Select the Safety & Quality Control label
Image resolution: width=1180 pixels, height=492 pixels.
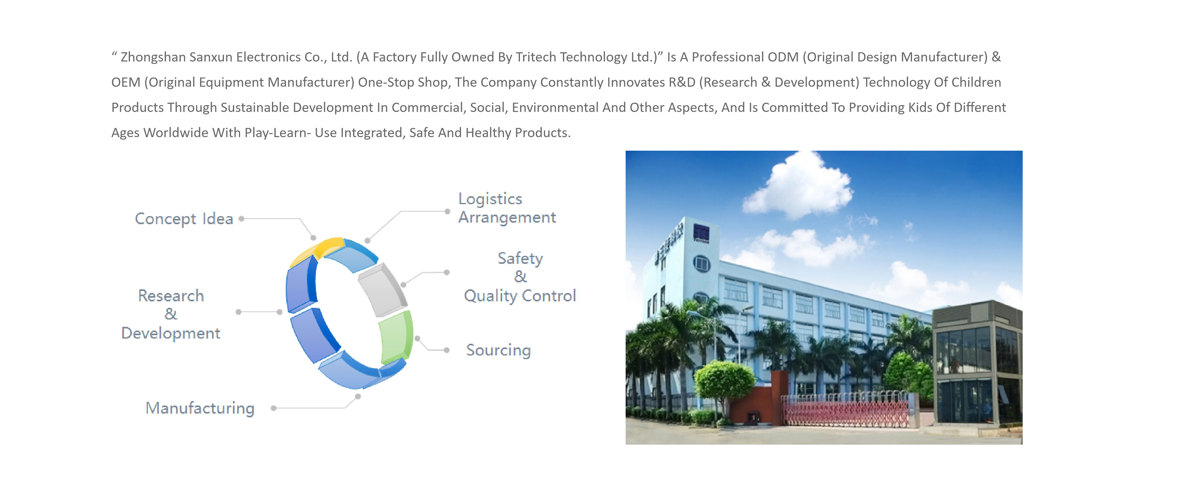[x=520, y=277]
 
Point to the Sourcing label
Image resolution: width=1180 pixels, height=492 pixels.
[x=498, y=350]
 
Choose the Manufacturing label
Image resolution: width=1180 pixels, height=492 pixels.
[x=200, y=408]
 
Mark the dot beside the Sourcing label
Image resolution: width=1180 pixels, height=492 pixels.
[x=446, y=350]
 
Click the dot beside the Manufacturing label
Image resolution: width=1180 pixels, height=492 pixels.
[x=273, y=408]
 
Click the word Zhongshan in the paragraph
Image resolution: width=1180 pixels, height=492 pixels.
[x=153, y=57]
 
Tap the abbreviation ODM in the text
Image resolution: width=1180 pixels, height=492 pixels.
[x=783, y=57]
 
